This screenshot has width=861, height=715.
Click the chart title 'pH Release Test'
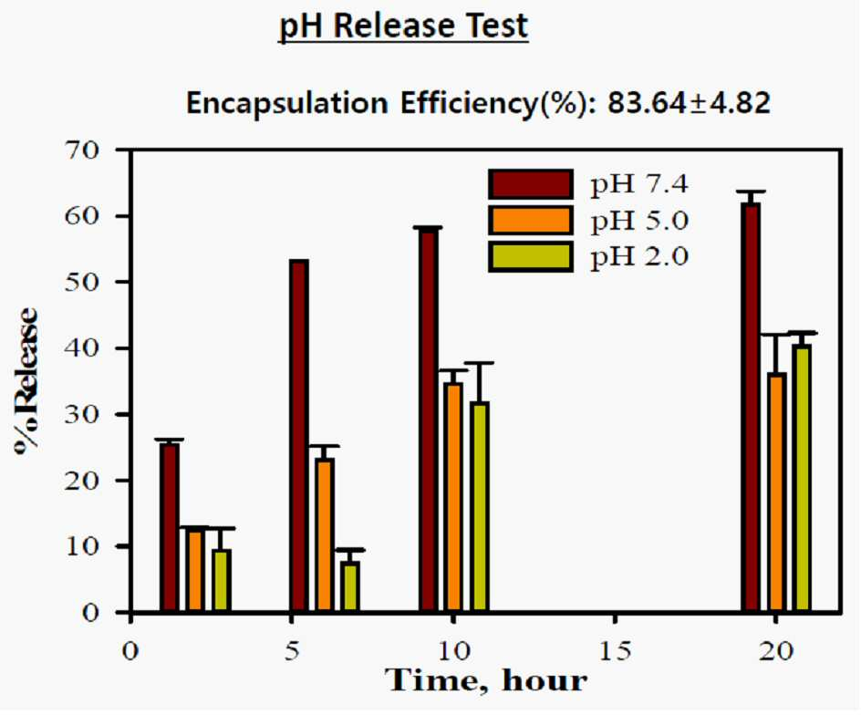coord(403,26)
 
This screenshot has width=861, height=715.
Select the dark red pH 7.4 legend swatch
coord(531,184)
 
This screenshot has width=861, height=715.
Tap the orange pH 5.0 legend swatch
coord(531,220)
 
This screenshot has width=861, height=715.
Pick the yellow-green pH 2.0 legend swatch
coord(531,256)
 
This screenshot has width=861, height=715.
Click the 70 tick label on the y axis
coord(82,150)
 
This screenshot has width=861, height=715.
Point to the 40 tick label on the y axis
coord(82,348)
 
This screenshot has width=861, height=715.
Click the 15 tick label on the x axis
coord(615,651)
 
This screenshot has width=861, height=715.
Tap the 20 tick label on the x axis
coord(776,651)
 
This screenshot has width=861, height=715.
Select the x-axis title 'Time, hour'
coord(486,680)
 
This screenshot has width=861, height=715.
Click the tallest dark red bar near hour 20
coord(751,407)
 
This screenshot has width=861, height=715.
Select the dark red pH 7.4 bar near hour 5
coord(299,435)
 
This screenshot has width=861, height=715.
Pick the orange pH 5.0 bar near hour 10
coord(453,496)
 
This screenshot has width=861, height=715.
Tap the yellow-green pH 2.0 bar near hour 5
coord(350,585)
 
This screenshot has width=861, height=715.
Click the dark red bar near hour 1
coord(170,527)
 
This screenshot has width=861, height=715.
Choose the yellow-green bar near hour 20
coord(803,478)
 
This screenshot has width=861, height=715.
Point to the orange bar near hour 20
coord(776,492)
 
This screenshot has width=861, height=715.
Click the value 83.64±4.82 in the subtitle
coord(689,103)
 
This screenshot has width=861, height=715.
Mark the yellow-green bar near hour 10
coord(480,506)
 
